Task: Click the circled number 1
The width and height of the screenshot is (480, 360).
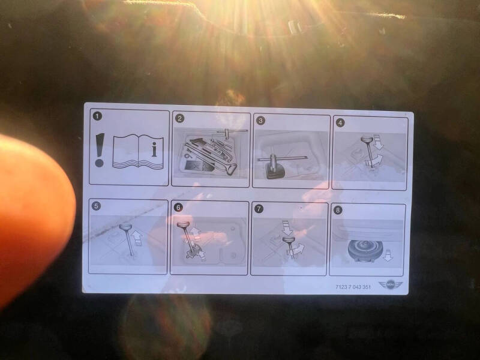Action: click(x=97, y=116)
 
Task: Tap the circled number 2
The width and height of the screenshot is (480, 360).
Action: click(x=179, y=118)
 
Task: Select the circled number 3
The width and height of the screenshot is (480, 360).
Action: click(x=260, y=121)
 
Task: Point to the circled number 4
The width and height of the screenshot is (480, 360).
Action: click(x=340, y=123)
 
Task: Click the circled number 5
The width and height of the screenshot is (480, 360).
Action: click(x=96, y=206)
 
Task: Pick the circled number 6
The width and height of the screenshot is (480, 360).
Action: click(x=178, y=208)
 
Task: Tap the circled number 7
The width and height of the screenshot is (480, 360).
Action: click(x=259, y=209)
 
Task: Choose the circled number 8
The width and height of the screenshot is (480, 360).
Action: click(x=338, y=210)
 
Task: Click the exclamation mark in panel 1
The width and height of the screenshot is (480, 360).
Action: click(x=100, y=150)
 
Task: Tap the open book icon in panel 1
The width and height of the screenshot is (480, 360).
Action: click(x=138, y=152)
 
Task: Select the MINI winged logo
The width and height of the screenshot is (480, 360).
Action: click(x=391, y=284)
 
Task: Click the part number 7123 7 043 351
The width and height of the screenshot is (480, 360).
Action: click(x=353, y=287)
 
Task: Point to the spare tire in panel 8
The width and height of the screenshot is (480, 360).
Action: click(x=365, y=250)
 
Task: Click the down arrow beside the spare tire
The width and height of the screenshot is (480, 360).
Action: click(x=388, y=256)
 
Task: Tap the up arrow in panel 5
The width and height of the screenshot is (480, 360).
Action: click(x=138, y=238)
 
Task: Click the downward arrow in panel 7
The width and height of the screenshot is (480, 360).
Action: click(x=287, y=228)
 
